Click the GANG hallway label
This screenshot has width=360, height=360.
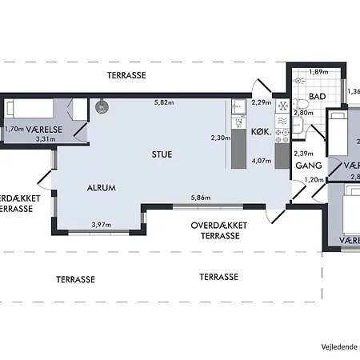pyautogui.click(x=308, y=166)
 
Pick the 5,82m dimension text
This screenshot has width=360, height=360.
pyautogui.click(x=166, y=102)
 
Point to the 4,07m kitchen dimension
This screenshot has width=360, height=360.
pyautogui.click(x=261, y=159)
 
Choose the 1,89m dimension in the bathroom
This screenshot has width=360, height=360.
pyautogui.click(x=319, y=72)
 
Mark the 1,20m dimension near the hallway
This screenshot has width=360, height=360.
pyautogui.click(x=316, y=180)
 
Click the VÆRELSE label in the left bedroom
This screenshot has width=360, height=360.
pyautogui.click(x=41, y=128)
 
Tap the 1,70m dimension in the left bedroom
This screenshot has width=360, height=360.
pyautogui.click(x=13, y=128)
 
